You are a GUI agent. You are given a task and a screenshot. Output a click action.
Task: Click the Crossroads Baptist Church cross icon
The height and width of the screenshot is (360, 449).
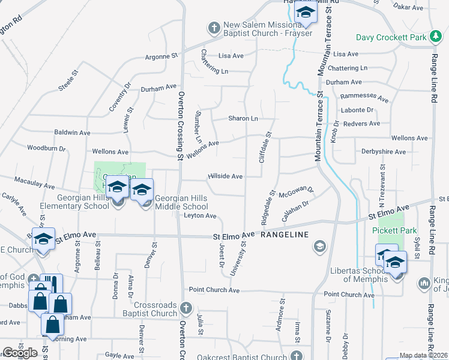pos(186,308)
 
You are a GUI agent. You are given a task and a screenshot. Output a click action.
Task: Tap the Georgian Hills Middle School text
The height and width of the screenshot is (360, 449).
pos(181,202)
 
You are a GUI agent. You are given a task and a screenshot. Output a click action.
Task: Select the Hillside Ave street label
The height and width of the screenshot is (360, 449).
pos(225,176)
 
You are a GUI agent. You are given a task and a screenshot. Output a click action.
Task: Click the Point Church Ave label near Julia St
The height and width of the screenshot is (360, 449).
pos(214,290)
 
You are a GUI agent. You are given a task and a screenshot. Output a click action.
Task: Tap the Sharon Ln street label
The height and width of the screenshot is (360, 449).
pos(243,118)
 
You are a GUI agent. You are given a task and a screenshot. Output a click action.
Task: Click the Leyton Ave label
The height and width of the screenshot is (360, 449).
pos(200,215)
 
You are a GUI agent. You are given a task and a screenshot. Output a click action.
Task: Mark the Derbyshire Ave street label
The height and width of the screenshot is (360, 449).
pos(384,152)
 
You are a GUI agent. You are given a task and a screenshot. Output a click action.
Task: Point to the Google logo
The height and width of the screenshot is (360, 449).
pos(20,353)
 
